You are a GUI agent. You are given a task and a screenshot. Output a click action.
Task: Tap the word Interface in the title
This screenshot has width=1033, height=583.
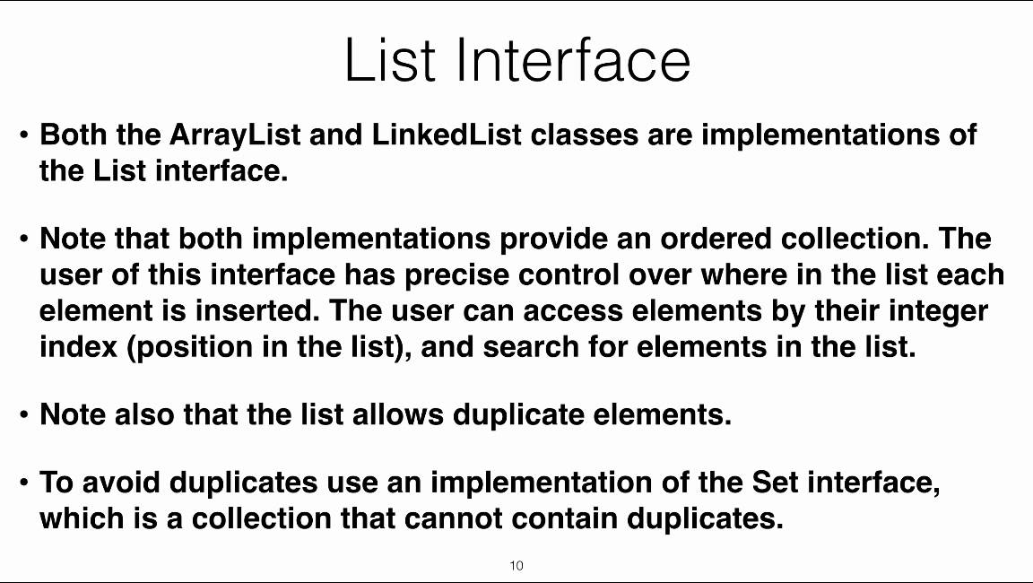tap(573, 59)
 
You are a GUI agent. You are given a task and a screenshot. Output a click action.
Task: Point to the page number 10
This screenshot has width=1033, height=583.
tap(516, 565)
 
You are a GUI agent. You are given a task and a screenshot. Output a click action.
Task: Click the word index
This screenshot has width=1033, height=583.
tap(78, 346)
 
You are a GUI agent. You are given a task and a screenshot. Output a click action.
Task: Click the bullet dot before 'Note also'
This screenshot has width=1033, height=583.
tap(25, 416)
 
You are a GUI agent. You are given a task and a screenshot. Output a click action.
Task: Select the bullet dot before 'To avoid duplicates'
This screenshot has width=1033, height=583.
tap(25, 484)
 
